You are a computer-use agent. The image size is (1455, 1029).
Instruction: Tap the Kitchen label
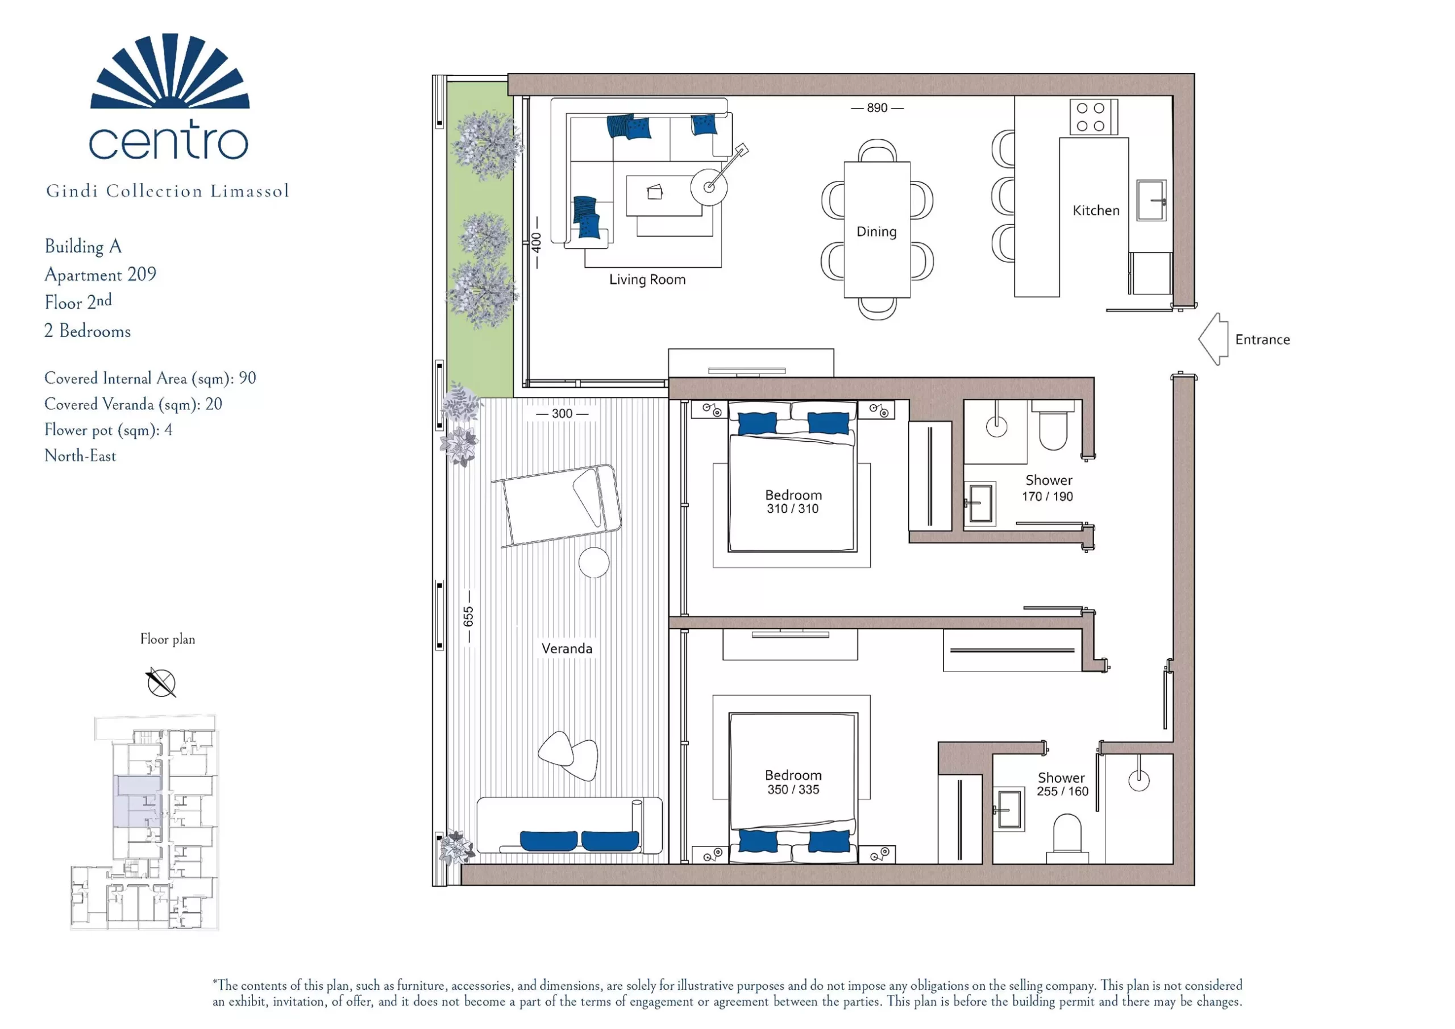pyautogui.click(x=1096, y=210)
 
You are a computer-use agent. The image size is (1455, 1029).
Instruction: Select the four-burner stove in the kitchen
pyautogui.click(x=1093, y=117)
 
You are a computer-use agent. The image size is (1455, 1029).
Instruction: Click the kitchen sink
pyautogui.click(x=1151, y=200)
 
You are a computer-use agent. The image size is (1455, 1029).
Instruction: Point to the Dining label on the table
pyautogui.click(x=876, y=232)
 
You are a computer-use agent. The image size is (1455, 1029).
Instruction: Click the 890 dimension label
pyautogui.click(x=877, y=108)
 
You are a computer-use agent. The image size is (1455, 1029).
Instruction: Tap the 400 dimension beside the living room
pyautogui.click(x=537, y=242)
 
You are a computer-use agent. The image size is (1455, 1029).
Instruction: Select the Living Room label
pyautogui.click(x=647, y=280)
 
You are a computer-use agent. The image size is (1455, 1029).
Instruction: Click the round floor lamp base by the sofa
pyautogui.click(x=709, y=186)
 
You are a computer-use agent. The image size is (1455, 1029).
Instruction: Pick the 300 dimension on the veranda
pyautogui.click(x=562, y=413)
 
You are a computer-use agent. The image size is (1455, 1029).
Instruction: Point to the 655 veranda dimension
pyautogui.click(x=468, y=616)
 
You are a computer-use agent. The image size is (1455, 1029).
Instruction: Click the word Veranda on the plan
pyautogui.click(x=567, y=649)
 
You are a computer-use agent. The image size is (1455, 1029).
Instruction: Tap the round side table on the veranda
pyautogui.click(x=594, y=562)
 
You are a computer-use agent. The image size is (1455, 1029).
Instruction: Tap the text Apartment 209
pyautogui.click(x=100, y=275)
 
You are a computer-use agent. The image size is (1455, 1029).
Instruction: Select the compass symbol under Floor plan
pyautogui.click(x=161, y=682)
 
